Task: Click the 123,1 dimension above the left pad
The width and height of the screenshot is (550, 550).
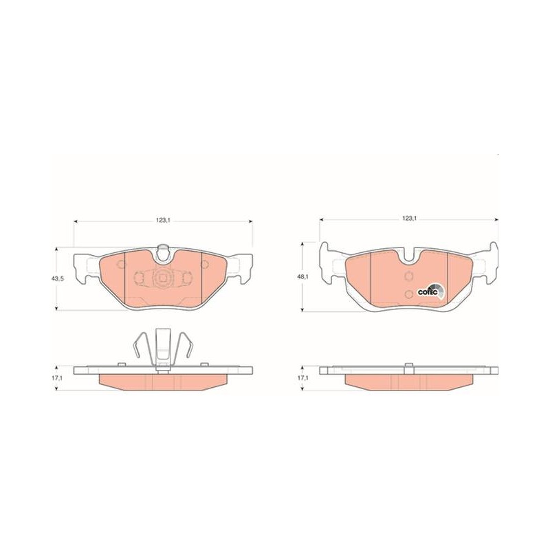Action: click(x=163, y=221)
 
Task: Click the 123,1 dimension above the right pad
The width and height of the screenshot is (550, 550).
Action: click(x=409, y=219)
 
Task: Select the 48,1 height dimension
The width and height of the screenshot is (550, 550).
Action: click(x=302, y=277)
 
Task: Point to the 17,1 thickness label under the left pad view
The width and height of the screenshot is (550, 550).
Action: click(x=57, y=379)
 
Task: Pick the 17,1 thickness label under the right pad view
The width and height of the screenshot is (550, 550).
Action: click(x=302, y=378)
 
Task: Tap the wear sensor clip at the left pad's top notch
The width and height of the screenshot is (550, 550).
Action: click(x=163, y=252)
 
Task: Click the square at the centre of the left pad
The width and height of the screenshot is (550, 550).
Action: click(x=163, y=278)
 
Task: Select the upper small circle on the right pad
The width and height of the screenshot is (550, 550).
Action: click(x=408, y=276)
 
